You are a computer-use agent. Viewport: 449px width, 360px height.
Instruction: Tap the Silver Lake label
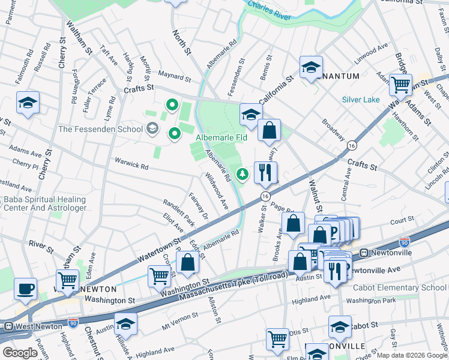[x=361, y=100]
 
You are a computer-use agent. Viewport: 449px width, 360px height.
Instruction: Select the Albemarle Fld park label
[x=221, y=138]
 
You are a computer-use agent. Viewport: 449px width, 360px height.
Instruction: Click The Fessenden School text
[x=100, y=129]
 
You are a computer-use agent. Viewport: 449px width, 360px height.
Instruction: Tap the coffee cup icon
[x=25, y=289]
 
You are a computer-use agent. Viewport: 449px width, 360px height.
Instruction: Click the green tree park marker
[x=243, y=175]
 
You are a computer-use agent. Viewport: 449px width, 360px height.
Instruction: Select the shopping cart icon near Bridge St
[x=400, y=85]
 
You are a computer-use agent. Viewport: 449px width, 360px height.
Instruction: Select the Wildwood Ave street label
[x=217, y=191]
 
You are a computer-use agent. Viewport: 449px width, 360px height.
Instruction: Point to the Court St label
[x=399, y=220]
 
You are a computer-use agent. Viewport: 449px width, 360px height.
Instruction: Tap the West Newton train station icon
[x=8, y=326]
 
